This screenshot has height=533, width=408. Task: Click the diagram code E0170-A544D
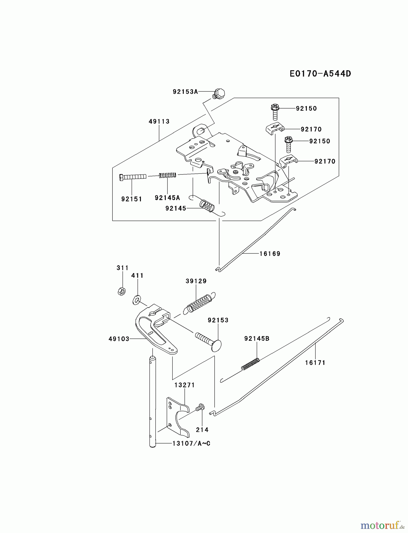320,73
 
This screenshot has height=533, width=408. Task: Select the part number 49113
159,121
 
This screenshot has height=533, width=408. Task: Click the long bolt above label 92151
133,177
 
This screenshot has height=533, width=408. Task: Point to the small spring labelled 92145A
168,175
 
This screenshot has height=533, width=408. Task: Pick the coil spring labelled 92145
207,206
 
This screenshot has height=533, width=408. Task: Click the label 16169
270,254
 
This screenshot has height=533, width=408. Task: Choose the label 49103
119,339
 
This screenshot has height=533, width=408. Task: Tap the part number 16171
315,363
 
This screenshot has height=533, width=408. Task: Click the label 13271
184,385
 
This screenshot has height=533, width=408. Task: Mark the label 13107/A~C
191,444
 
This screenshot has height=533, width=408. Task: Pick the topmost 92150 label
306,108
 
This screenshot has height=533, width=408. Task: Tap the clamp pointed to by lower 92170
288,161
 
